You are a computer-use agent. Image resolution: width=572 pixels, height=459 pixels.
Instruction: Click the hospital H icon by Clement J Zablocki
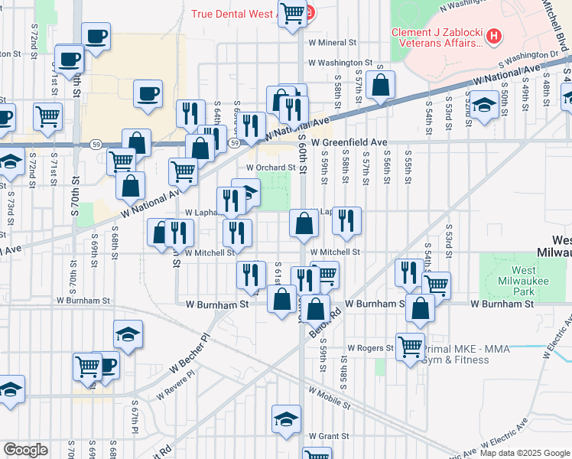pyautogui.click(x=495, y=36)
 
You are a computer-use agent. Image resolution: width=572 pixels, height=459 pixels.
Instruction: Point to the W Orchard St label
pyautogui.click(x=270, y=168)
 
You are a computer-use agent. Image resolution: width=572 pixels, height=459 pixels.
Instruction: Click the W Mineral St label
pyautogui.click(x=333, y=43)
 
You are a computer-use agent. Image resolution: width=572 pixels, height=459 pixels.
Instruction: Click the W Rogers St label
pyautogui.click(x=370, y=347)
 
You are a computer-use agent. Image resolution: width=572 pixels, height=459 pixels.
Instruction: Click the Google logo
pyautogui.click(x=26, y=450)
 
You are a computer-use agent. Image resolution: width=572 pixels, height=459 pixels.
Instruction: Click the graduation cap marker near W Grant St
pyautogui.click(x=287, y=419)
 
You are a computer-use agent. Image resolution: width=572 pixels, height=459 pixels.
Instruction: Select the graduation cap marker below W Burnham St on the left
pyautogui.click(x=128, y=334)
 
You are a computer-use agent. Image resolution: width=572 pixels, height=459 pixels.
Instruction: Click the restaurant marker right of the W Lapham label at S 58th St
pyautogui.click(x=346, y=221)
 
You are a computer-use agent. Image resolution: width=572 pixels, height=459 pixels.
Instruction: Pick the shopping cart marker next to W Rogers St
pyautogui.click(x=411, y=347)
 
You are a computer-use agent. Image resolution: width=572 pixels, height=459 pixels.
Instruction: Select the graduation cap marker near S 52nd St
pyautogui.click(x=483, y=105)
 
